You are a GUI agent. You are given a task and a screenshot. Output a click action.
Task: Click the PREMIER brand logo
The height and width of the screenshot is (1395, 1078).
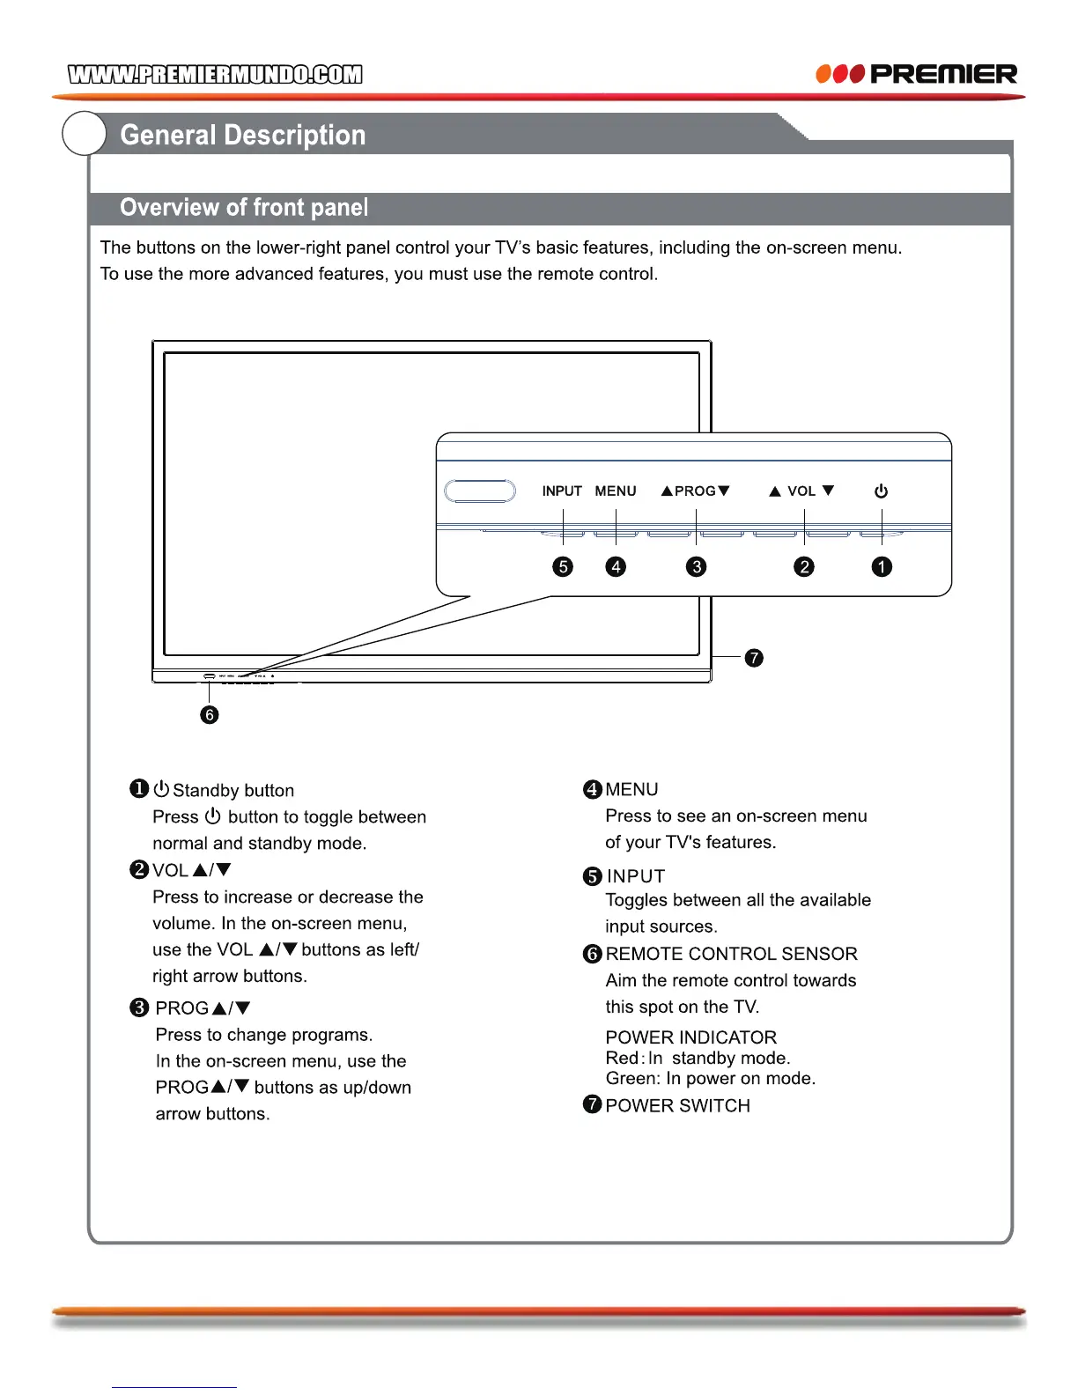(917, 74)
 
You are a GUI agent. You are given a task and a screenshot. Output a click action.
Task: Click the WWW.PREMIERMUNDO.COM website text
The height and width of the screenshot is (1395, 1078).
(215, 74)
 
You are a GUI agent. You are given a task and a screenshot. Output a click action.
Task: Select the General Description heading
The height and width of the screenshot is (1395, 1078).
(242, 135)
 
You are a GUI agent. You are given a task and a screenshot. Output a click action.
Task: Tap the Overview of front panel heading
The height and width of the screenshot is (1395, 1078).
(244, 208)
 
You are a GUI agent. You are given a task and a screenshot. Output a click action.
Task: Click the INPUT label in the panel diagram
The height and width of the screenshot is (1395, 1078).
(562, 491)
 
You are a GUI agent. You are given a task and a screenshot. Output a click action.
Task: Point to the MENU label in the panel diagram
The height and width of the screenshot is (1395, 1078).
(616, 491)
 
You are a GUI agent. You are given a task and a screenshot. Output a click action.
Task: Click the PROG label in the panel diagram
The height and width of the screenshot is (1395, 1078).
(695, 491)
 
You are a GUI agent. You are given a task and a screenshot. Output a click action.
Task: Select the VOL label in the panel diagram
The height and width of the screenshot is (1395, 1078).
(801, 491)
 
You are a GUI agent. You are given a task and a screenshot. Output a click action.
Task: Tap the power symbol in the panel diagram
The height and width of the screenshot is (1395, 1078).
(881, 491)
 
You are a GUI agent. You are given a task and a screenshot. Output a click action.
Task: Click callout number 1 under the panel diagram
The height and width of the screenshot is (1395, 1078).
(882, 567)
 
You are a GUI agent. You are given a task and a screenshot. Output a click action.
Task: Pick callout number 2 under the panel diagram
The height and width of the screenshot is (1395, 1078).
(804, 567)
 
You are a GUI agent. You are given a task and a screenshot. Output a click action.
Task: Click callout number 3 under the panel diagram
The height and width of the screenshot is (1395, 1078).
(696, 567)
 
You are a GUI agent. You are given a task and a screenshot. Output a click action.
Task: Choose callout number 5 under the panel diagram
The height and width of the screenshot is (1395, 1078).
(563, 567)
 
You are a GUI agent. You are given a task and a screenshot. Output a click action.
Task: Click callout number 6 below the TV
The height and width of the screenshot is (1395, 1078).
(209, 714)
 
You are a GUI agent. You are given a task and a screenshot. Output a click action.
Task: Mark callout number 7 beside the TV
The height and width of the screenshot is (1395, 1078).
(754, 658)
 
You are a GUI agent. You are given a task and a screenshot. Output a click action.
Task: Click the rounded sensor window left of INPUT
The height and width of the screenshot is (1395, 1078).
(480, 491)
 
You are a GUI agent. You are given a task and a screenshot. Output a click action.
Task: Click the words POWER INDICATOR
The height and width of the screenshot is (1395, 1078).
(690, 1037)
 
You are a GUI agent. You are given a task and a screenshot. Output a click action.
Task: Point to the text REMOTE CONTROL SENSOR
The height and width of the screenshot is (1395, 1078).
(731, 954)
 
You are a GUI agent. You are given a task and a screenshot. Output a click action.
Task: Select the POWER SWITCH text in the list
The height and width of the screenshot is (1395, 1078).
(677, 1106)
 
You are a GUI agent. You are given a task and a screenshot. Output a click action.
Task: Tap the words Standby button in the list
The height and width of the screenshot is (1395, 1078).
(233, 791)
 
